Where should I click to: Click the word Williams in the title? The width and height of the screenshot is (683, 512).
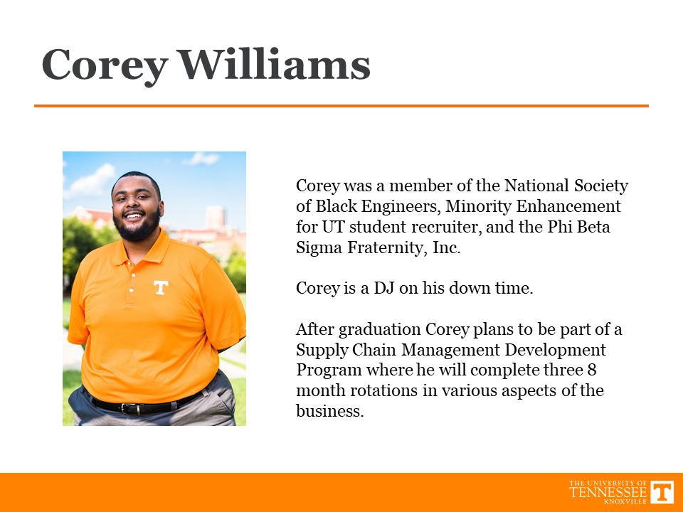[x=275, y=65]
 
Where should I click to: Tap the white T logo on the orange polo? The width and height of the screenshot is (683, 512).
[x=161, y=287]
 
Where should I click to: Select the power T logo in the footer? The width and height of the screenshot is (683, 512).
[x=662, y=492]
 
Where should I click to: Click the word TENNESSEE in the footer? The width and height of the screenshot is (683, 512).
[x=608, y=492]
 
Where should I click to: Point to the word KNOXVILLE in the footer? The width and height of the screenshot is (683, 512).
[x=625, y=501]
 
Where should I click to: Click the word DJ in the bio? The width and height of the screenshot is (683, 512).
[x=384, y=288]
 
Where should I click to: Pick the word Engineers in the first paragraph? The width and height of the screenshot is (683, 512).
[x=401, y=207]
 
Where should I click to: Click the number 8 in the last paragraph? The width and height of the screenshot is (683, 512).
[x=591, y=370]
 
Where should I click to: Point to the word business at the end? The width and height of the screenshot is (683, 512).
[x=329, y=410]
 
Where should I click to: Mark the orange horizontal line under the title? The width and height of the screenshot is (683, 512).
[x=341, y=106]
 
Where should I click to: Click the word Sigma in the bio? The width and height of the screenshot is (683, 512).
[x=319, y=248]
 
